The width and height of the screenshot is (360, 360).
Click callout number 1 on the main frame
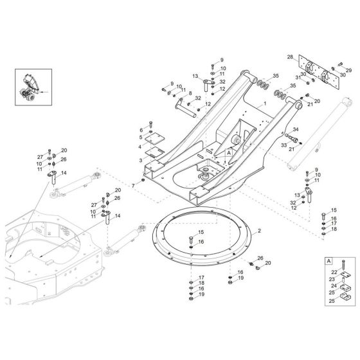(x=264, y=103)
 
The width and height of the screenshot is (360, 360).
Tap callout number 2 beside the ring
(x=258, y=230)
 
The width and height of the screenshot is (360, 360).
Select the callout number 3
(x=140, y=163)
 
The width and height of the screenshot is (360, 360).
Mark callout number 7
(x=132, y=186)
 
